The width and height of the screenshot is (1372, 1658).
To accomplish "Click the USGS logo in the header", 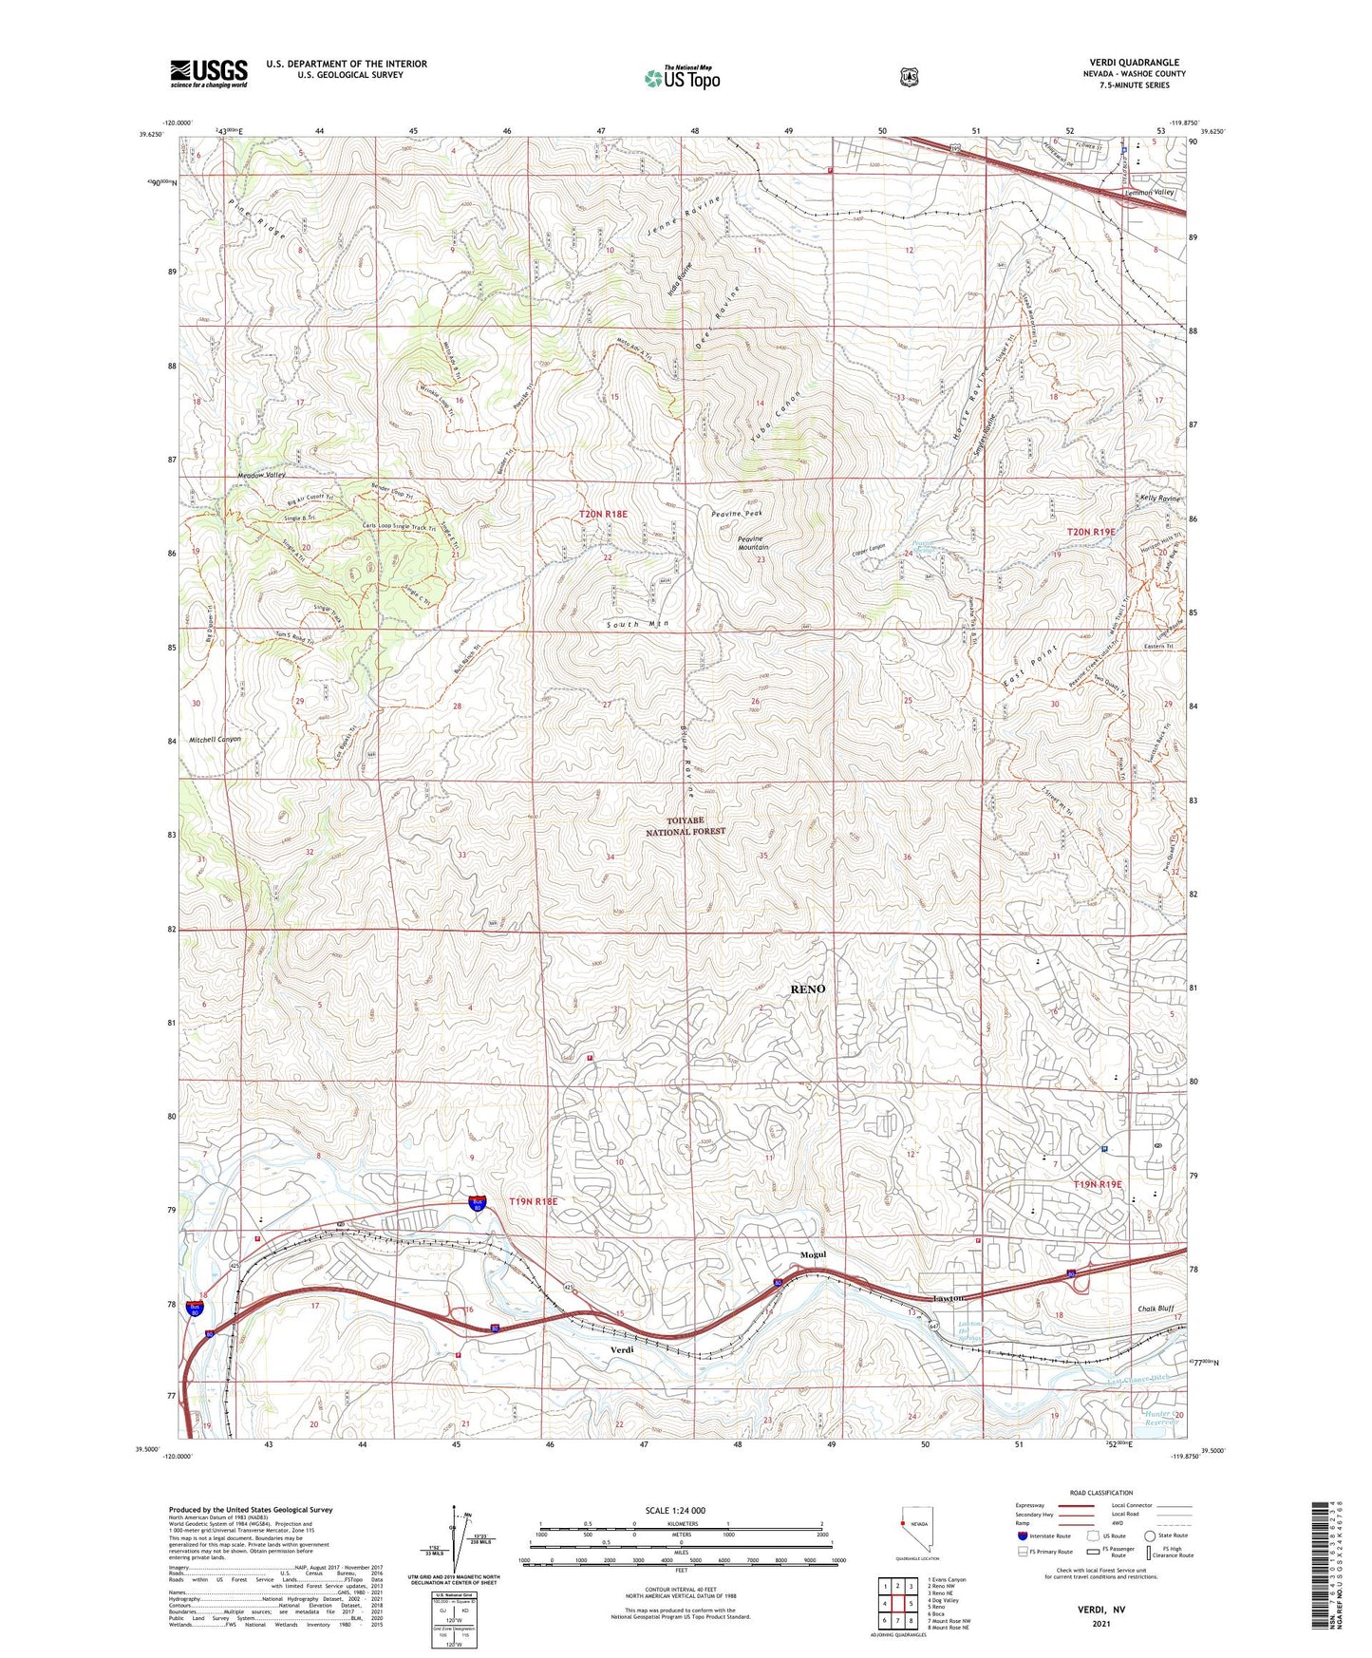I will (x=209, y=73).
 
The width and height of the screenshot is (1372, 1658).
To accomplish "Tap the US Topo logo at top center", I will (x=682, y=78).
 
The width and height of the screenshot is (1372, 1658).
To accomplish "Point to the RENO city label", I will (x=807, y=989).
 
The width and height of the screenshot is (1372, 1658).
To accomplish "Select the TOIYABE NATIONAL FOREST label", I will (x=686, y=825).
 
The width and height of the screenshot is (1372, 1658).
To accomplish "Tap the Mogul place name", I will (x=814, y=1254).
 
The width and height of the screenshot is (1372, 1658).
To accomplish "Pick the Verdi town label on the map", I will (x=621, y=1350).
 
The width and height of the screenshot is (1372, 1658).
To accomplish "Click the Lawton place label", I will (x=948, y=1298).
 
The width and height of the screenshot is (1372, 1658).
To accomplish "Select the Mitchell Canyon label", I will (x=215, y=739).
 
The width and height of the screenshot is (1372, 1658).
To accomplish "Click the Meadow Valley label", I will (x=261, y=475).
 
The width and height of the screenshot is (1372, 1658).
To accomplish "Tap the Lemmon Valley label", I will (x=1149, y=193).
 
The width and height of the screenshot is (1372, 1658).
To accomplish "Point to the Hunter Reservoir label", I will (x=1160, y=1418).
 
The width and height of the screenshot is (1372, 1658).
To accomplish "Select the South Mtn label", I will (x=638, y=624).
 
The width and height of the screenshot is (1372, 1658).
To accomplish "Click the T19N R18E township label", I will (x=533, y=1201).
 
